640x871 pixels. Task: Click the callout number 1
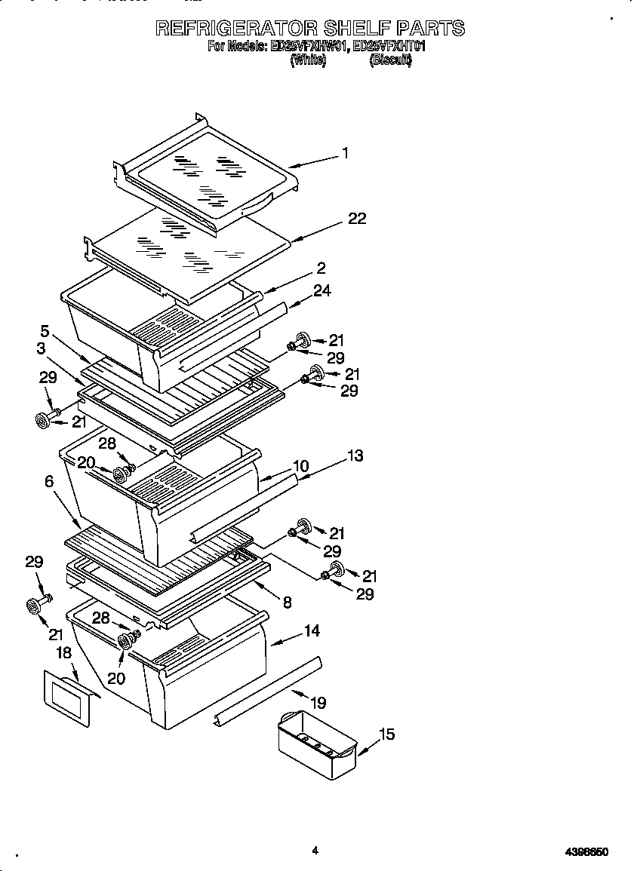(345, 153)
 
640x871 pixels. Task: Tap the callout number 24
(323, 290)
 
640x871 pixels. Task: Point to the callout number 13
(355, 455)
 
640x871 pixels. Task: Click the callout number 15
(386, 734)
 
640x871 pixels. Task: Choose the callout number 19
(318, 703)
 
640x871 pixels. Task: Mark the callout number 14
(312, 630)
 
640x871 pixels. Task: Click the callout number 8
(287, 602)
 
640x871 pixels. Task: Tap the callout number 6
(49, 480)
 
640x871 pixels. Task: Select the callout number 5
(45, 330)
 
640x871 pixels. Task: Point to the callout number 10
(300, 467)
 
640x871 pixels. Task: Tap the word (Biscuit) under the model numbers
(390, 62)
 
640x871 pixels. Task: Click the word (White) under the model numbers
(308, 62)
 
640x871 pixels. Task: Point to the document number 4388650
(586, 852)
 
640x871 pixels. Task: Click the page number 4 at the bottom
(315, 851)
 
